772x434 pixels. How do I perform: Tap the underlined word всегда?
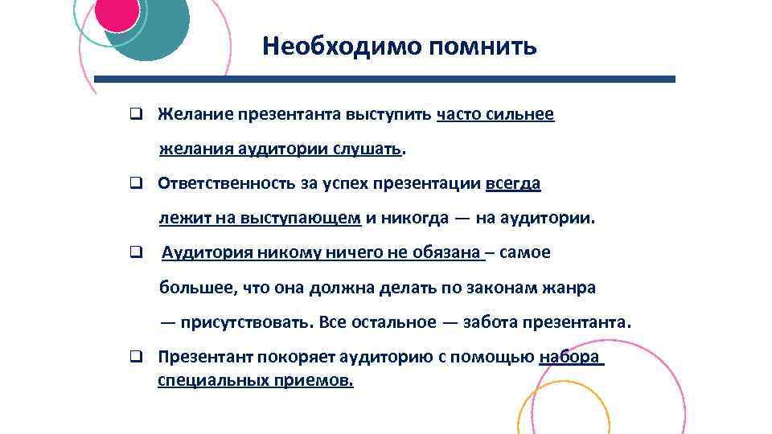[x=513, y=183]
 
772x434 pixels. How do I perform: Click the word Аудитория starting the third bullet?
[x=207, y=252]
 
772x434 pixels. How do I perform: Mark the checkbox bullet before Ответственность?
[x=137, y=184]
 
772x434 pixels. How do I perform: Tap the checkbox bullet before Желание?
[x=137, y=115]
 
